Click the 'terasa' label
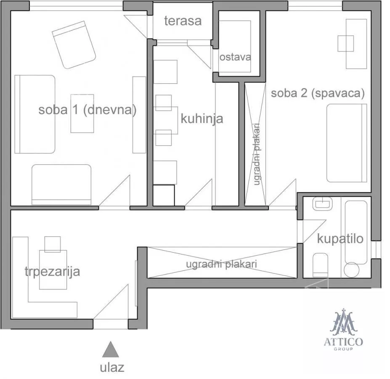pyautogui.click(x=183, y=21)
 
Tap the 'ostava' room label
pyautogui.click(x=235, y=57)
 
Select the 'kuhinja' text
pyautogui.click(x=202, y=118)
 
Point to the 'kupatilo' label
pyautogui.click(x=340, y=239)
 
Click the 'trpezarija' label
pyautogui.click(x=52, y=272)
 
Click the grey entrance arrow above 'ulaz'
pyautogui.click(x=110, y=349)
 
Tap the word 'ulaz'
pyautogui.click(x=112, y=368)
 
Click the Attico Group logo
pyautogui.click(x=343, y=329)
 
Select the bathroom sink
pyautogui.click(x=322, y=204)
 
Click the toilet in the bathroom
pyautogui.click(x=320, y=265)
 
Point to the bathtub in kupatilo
pyautogui.click(x=356, y=232)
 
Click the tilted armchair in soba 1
pyautogui.click(x=74, y=45)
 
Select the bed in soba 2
pyautogui.click(x=347, y=143)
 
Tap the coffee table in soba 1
pyautogui.click(x=82, y=114)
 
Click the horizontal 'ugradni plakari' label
pyautogui.click(x=221, y=264)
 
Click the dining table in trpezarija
pyautogui.click(x=53, y=270)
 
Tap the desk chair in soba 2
pyautogui.click(x=346, y=43)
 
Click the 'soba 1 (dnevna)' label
pyautogui.click(x=88, y=110)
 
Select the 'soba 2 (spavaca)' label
pyautogui.click(x=318, y=93)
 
